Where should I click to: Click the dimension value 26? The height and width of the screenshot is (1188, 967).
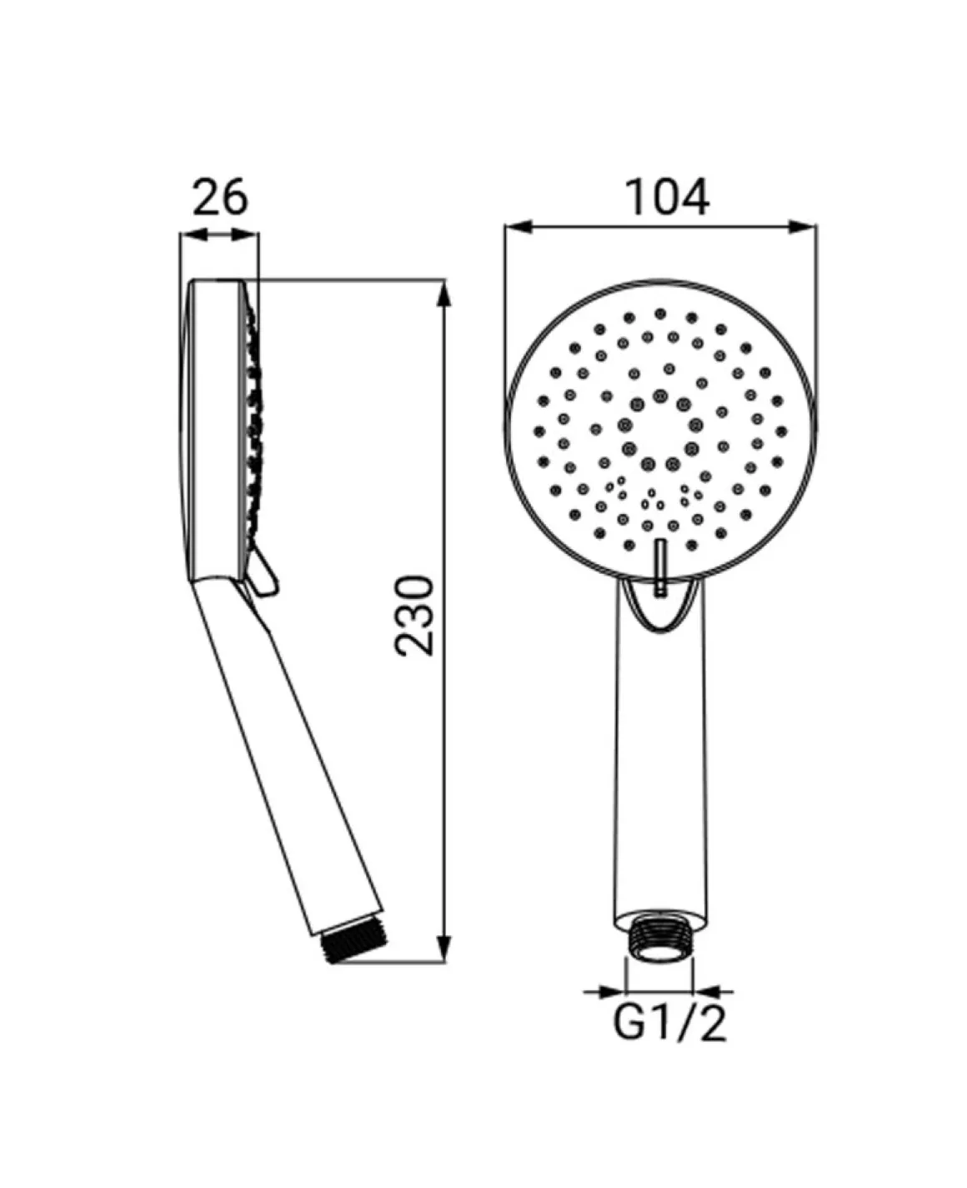click(219, 197)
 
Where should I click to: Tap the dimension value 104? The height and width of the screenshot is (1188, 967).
click(667, 197)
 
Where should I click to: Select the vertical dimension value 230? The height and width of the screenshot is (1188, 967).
click(413, 617)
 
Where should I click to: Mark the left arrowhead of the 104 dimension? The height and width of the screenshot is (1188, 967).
click(519, 227)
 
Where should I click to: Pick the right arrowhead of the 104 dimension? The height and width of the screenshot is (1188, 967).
click(803, 227)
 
